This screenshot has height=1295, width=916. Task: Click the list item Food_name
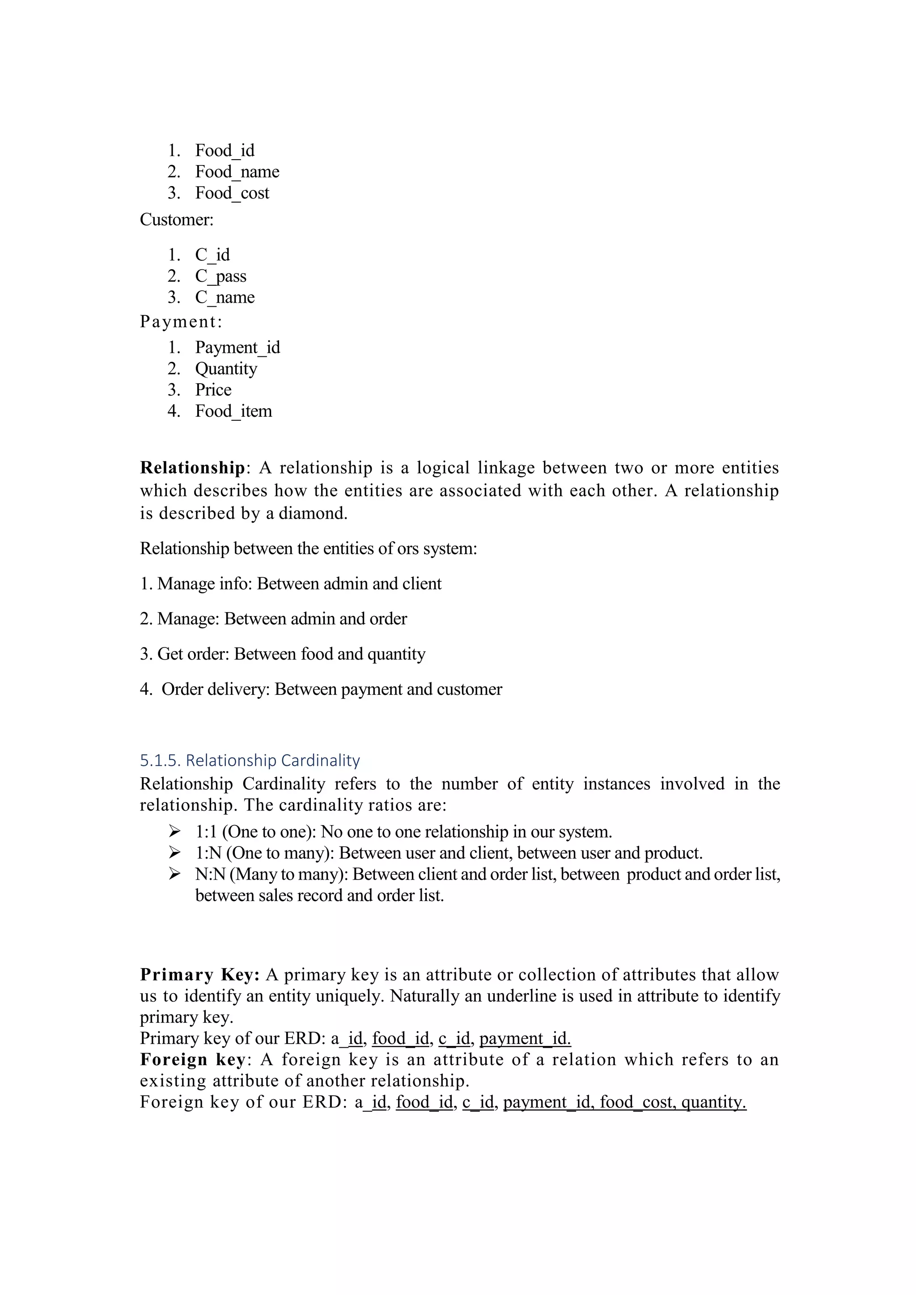click(x=237, y=171)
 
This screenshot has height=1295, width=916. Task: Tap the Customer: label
click(x=177, y=220)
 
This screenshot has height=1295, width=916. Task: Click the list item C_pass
click(x=221, y=276)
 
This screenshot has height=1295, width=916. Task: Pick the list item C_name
click(x=225, y=297)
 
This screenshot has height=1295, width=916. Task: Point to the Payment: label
click(x=181, y=322)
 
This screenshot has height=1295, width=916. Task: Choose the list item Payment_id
click(x=237, y=347)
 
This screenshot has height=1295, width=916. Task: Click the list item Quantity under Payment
click(x=226, y=369)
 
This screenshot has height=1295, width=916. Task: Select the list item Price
click(x=213, y=390)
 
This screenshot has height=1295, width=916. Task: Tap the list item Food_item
click(x=233, y=411)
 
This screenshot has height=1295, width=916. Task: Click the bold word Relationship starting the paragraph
click(x=192, y=468)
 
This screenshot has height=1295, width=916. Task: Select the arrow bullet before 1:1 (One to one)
click(x=174, y=831)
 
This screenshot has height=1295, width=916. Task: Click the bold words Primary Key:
click(x=199, y=975)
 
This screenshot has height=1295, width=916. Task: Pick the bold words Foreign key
click(x=192, y=1059)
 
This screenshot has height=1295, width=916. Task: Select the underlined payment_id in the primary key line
click(x=525, y=1038)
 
